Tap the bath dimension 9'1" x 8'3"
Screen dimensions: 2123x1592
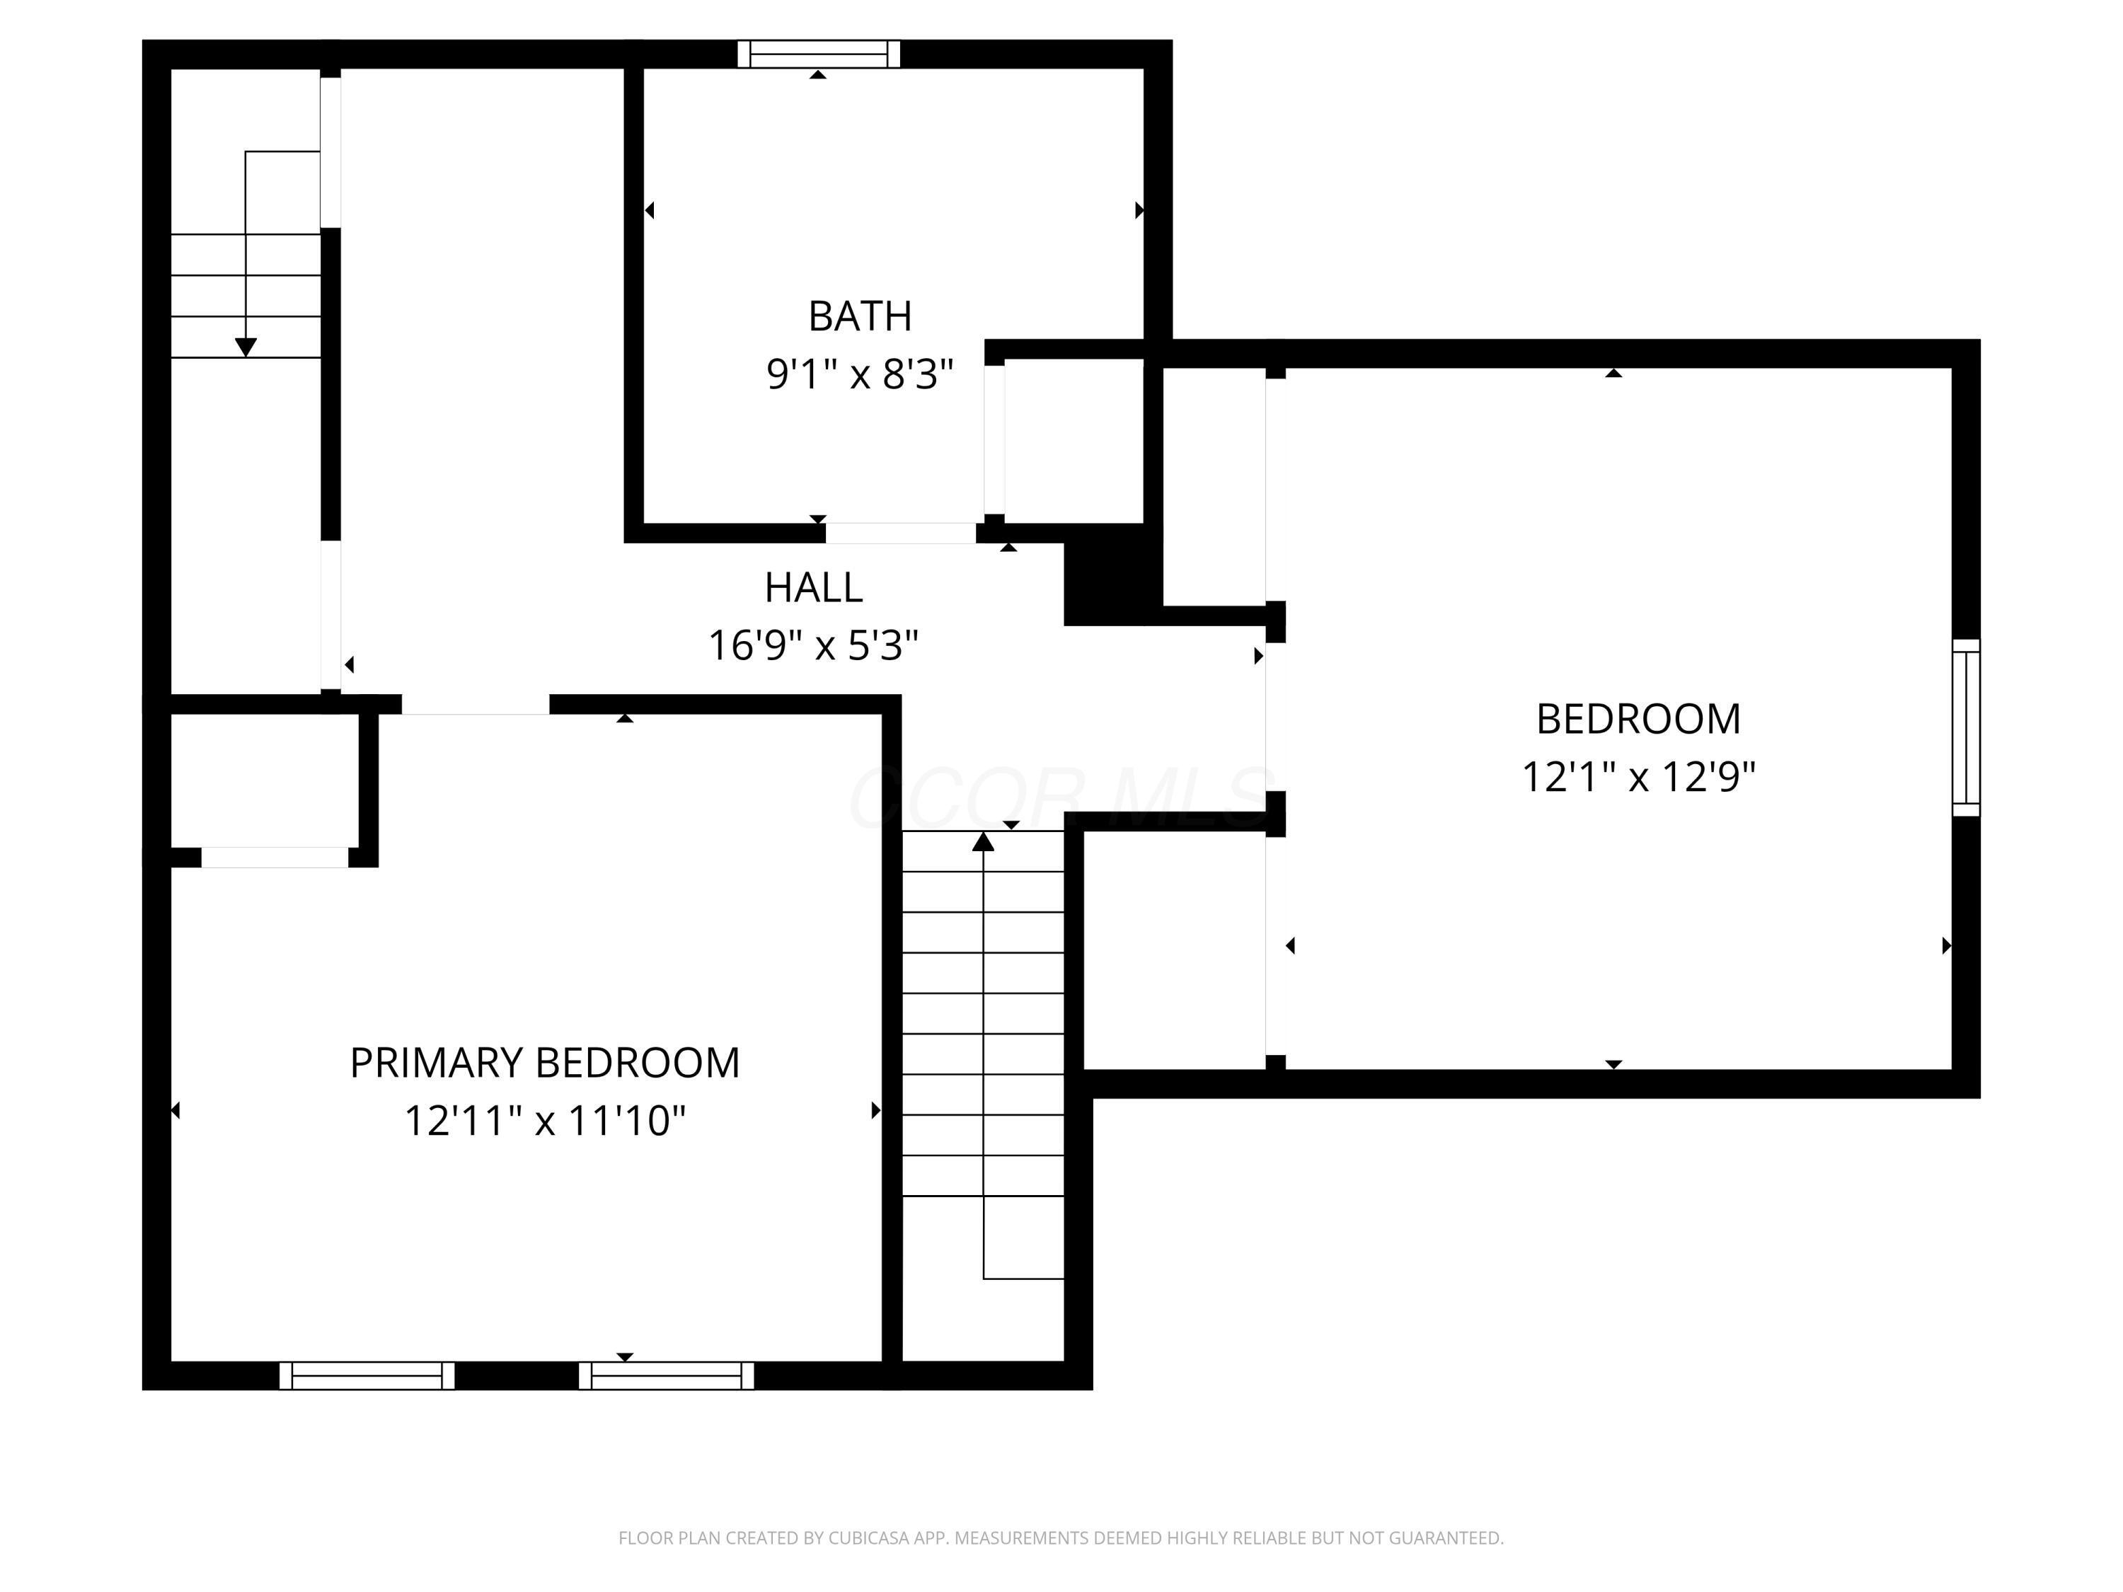pyautogui.click(x=860, y=374)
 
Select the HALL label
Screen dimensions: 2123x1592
pyautogui.click(x=814, y=587)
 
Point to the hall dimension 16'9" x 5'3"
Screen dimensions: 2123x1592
pyautogui.click(x=814, y=645)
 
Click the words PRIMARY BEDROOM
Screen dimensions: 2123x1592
pyautogui.click(x=545, y=1062)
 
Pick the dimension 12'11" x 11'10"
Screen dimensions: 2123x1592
pyautogui.click(x=545, y=1120)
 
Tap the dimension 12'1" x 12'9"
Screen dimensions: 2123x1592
pyautogui.click(x=1638, y=775)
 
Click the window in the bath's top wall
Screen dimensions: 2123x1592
pyautogui.click(x=819, y=54)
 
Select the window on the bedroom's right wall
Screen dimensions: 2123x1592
pyautogui.click(x=1967, y=727)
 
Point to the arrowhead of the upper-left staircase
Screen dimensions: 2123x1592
pyautogui.click(x=246, y=347)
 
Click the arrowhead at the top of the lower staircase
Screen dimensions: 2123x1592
pyautogui.click(x=983, y=841)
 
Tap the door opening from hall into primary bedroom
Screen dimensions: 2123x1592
pyautogui.click(x=476, y=704)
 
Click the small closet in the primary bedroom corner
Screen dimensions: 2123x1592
pyautogui.click(x=265, y=780)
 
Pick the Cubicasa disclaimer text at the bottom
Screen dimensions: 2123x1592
pyautogui.click(x=1061, y=1538)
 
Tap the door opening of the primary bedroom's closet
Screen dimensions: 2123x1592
pyautogui.click(x=275, y=857)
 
